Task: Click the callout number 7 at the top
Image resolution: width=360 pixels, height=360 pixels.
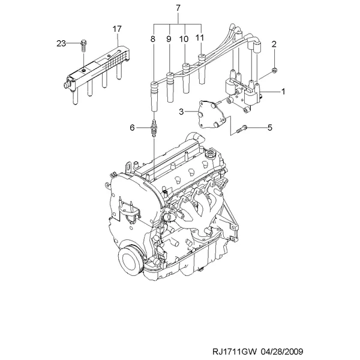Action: click(178, 8)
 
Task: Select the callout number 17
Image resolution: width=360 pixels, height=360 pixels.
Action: click(117, 29)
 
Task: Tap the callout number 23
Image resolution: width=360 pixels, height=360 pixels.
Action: click(61, 43)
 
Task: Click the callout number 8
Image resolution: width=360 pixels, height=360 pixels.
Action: click(153, 39)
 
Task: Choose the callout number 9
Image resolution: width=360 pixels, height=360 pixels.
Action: click(169, 39)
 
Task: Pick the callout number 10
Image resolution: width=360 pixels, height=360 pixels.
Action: click(184, 39)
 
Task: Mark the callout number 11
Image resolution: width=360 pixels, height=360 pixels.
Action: click(200, 38)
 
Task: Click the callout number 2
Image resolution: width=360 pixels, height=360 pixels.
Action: click(274, 44)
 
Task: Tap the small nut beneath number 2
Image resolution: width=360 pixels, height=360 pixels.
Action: click(274, 70)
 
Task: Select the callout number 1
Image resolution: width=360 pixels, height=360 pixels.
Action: click(283, 92)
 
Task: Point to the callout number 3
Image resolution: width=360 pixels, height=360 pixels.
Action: click(181, 112)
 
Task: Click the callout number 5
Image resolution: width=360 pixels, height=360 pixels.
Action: click(270, 127)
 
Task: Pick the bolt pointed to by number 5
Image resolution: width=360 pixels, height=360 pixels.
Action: click(241, 129)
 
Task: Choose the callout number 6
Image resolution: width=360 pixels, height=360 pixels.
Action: click(132, 127)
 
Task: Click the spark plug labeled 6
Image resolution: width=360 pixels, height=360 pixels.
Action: click(154, 128)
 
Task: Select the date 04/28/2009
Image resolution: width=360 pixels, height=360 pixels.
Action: click(282, 352)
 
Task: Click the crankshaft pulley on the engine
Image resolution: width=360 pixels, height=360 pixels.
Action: click(130, 259)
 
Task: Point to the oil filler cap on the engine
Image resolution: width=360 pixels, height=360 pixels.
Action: click(211, 154)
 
